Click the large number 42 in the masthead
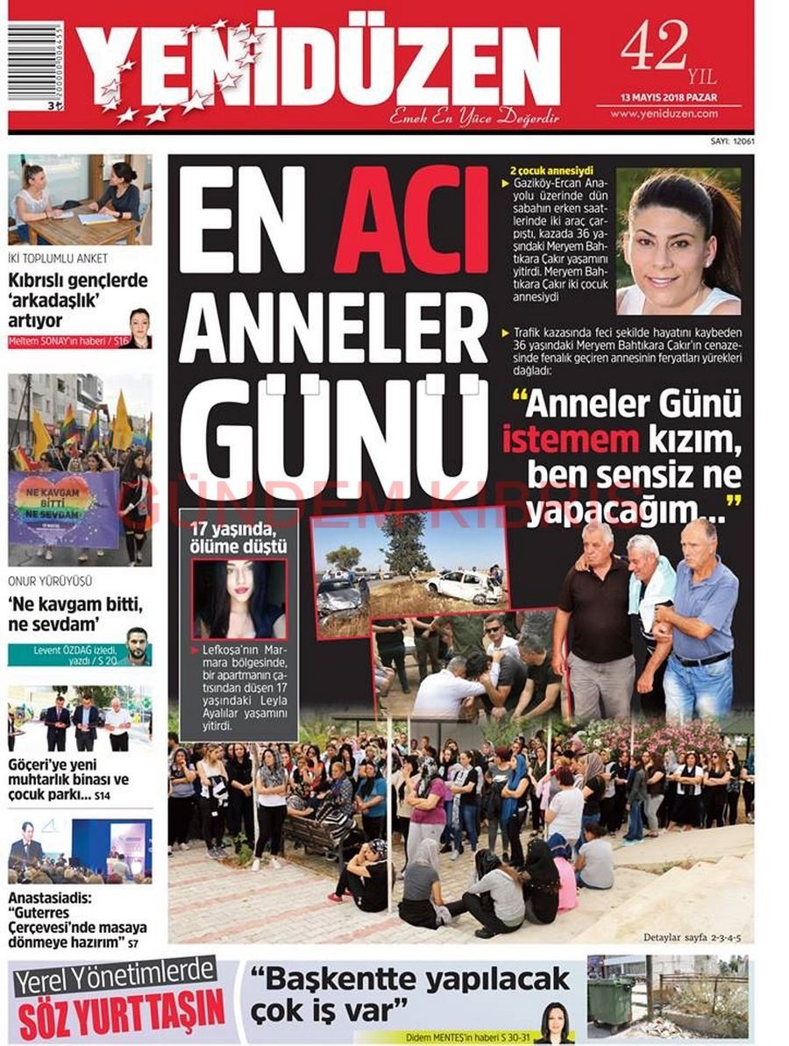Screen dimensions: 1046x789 [x=653, y=48]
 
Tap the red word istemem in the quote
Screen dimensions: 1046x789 [x=569, y=439]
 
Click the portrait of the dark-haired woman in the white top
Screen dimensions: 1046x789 [x=678, y=241]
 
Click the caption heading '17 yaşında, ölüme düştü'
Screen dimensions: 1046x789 [x=238, y=538]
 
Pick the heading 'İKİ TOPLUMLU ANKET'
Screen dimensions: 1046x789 [x=58, y=260]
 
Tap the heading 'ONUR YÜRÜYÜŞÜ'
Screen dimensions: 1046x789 [x=50, y=581]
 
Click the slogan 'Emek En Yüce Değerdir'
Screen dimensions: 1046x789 [x=474, y=115]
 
